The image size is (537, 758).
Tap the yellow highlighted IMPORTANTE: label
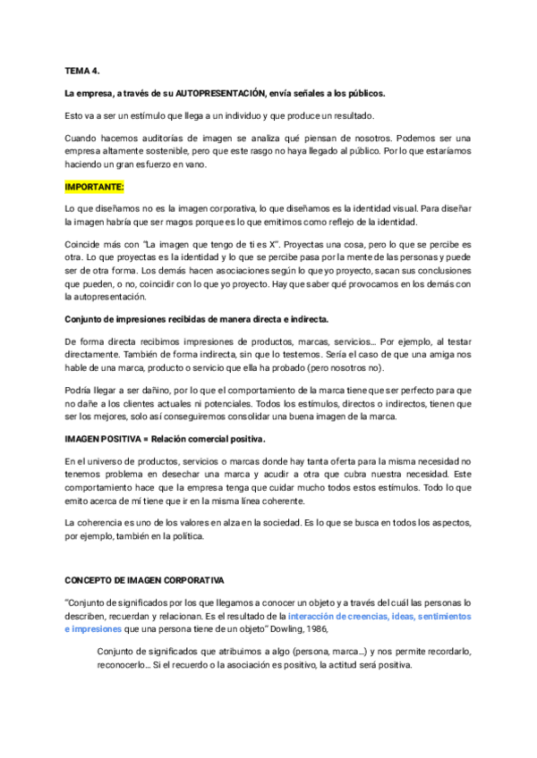(94, 188)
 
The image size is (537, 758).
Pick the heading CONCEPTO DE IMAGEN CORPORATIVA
(144, 580)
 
